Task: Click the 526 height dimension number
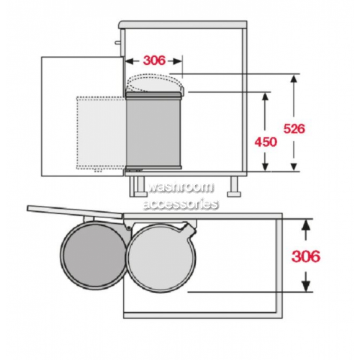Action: pyautogui.click(x=294, y=129)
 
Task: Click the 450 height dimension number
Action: pyautogui.click(x=266, y=142)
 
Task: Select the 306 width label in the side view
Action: pyautogui.click(x=154, y=60)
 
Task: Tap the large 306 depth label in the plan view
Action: pyautogui.click(x=306, y=256)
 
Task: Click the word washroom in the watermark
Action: pyautogui.click(x=181, y=187)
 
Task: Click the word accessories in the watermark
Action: pyautogui.click(x=181, y=204)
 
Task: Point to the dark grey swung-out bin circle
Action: pyautogui.click(x=93, y=255)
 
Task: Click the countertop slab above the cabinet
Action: pyautogui.click(x=183, y=24)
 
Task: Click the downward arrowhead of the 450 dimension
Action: pyautogui.click(x=265, y=166)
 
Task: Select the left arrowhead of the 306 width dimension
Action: pyautogui.click(x=130, y=61)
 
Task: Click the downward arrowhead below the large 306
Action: pyautogui.click(x=305, y=286)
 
